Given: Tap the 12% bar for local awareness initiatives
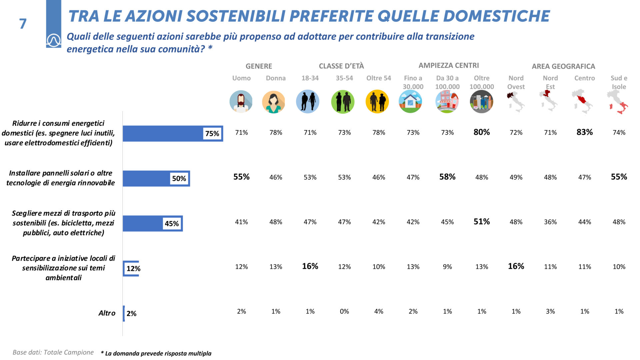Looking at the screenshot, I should pos(131,268).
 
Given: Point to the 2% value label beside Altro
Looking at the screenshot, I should pos(131,313).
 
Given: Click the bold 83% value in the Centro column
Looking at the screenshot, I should pos(584,132).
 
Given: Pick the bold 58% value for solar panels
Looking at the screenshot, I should pos(447,177).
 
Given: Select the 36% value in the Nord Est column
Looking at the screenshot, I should pos(550,222).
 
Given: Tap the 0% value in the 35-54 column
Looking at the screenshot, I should pos(344,311).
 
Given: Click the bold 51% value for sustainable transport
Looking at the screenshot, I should pos(481,221).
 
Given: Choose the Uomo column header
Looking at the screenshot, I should pos(241,78).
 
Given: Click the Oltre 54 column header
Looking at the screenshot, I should pos(378,78).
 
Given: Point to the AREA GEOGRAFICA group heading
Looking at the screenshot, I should pos(563,66).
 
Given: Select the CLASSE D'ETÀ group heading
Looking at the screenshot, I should pos(341,66).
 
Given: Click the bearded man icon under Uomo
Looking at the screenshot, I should pos(241,101).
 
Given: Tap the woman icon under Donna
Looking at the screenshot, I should pos(273,102).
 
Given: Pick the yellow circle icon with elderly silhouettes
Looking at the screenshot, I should pos(377,101).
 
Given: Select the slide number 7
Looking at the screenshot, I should pos(23,24).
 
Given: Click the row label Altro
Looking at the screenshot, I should pos(107,313).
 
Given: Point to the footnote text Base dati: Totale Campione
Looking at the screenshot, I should pos(53,352).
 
